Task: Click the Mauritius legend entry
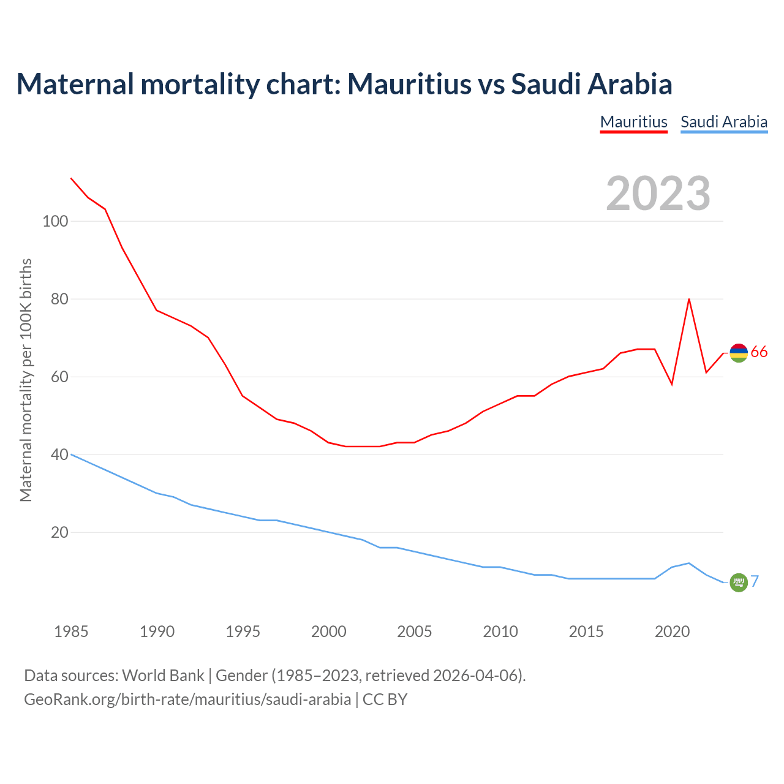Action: click(x=633, y=122)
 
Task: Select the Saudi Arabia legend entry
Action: click(x=724, y=122)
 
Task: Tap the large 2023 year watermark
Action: click(x=658, y=194)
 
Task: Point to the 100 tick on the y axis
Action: click(x=55, y=221)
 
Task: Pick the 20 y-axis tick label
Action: click(x=59, y=532)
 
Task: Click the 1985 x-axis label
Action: click(x=71, y=631)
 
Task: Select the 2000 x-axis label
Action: click(x=329, y=631)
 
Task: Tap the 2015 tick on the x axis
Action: click(x=586, y=631)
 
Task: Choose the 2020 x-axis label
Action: click(x=672, y=631)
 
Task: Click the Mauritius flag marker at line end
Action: click(x=739, y=353)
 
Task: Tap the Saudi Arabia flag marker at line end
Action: click(x=739, y=582)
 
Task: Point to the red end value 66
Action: click(x=759, y=352)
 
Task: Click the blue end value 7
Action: click(x=755, y=581)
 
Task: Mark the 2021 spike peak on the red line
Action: click(x=689, y=299)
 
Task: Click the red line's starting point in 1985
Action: click(x=71, y=178)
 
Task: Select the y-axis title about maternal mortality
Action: click(x=26, y=380)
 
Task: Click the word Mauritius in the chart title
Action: click(x=410, y=84)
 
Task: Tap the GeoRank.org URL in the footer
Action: click(x=187, y=699)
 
